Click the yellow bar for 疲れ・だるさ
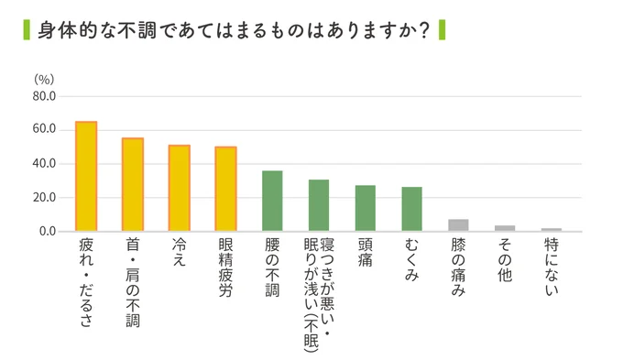85,176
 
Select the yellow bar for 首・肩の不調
133,184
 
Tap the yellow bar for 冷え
179,188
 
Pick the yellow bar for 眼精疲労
225,189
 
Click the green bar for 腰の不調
272,201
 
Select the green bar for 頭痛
366,208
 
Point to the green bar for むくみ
412,209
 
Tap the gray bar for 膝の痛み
459,225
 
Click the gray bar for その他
505,228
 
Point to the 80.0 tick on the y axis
44,96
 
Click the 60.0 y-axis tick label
44,130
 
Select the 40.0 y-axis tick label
44,164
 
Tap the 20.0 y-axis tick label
44,198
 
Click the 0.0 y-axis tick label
48,232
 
